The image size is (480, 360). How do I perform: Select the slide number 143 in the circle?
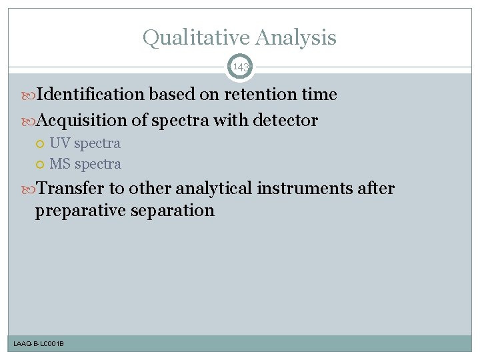tap(240, 67)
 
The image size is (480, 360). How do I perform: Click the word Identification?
tap(90, 95)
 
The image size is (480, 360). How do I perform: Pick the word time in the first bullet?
tap(319, 95)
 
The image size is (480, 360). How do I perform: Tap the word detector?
tap(285, 121)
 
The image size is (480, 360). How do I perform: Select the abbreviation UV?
tap(60, 143)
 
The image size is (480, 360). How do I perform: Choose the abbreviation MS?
tap(61, 164)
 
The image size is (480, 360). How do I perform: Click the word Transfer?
tap(69, 189)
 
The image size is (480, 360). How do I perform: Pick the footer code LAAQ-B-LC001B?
tap(39, 343)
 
